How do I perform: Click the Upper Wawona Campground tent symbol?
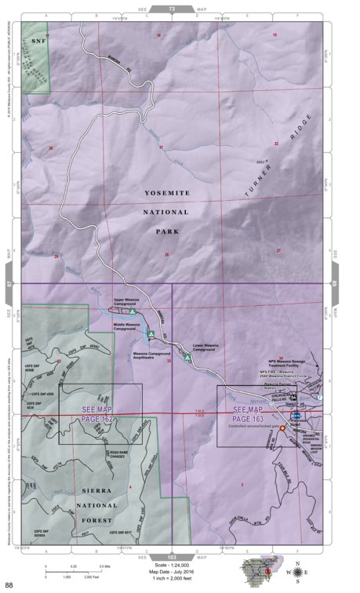pos(133,311)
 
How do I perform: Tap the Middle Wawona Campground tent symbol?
pos(150,335)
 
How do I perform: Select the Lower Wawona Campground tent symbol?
pos(187,358)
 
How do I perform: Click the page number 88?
pos(9,584)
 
